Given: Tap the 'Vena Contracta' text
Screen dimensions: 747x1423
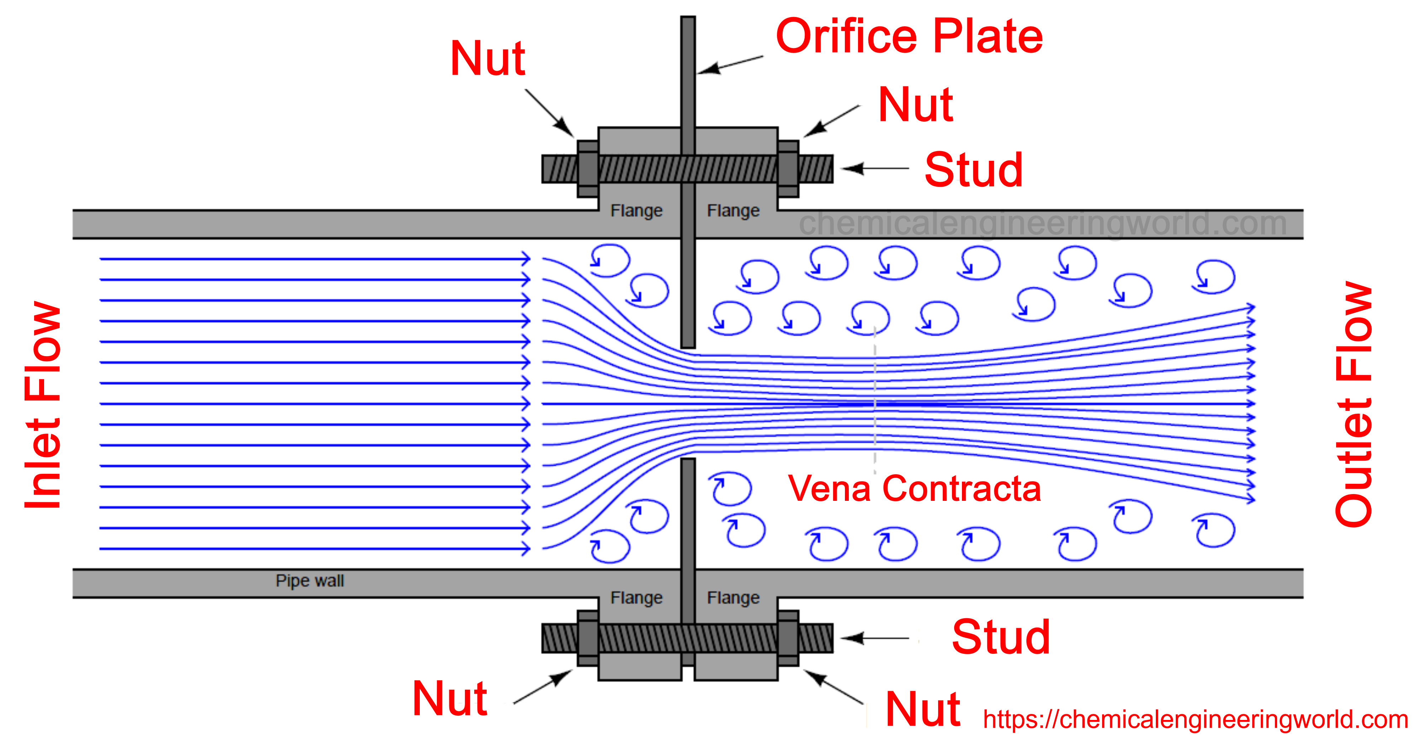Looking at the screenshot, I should click(914, 489).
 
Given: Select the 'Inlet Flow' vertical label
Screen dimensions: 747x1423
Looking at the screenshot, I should click(43, 405).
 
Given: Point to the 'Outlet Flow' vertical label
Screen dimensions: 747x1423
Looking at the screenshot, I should click(1353, 405).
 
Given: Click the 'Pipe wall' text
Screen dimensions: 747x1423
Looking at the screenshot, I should click(310, 581).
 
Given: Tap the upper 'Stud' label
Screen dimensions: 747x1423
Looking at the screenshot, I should click(973, 170).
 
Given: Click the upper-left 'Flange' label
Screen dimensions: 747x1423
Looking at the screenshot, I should click(636, 211).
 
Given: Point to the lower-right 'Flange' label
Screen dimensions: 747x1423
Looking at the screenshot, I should click(733, 598).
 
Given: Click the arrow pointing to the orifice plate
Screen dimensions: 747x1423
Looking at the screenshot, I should click(729, 65).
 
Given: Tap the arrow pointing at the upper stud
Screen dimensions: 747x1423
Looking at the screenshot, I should click(875, 168).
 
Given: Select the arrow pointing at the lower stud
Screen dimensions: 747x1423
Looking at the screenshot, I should click(875, 638).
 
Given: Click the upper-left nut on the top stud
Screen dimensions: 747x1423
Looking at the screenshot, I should click(588, 169).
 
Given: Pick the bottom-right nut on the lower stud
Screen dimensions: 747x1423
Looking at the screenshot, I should click(788, 638).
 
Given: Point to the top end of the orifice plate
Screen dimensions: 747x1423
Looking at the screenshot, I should click(688, 22).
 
